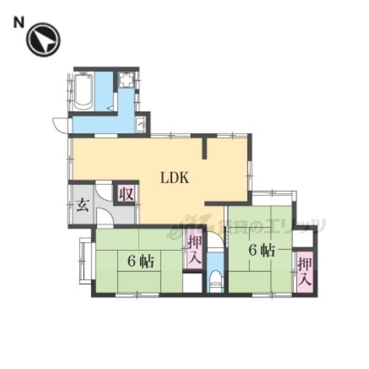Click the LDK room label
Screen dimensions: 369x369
click(175, 178)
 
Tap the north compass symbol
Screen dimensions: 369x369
click(43, 40)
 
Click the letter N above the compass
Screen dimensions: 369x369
click(19, 23)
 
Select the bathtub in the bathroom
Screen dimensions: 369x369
click(83, 91)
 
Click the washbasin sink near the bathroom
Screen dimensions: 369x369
click(141, 124)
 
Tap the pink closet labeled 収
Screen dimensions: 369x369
click(127, 194)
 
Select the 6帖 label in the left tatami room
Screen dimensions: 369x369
click(141, 261)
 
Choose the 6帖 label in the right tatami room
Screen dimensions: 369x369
click(262, 251)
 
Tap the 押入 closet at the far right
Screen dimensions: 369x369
click(304, 272)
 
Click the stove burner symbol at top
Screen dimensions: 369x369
click(126, 80)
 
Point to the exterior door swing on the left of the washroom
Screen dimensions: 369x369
click(61, 125)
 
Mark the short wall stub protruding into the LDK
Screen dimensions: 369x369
click(205, 148)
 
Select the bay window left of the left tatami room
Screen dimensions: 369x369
click(85, 261)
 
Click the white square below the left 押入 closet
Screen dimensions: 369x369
click(193, 283)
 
